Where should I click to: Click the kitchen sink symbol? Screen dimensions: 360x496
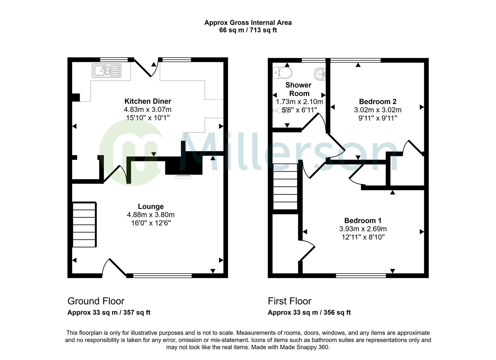107,70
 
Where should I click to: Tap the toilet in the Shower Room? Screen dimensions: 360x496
282,72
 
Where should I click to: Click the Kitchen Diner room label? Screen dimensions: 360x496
147,101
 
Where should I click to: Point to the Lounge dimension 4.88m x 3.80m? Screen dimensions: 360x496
150,215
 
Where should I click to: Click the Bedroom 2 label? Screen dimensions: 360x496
378,102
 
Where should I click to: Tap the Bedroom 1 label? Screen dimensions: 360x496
363,221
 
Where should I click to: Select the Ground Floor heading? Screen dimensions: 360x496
96,301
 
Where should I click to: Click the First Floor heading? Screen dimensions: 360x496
289,301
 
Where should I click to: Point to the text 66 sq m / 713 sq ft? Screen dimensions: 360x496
248,30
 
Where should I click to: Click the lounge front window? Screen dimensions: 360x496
162,275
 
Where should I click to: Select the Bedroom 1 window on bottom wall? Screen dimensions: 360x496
361,275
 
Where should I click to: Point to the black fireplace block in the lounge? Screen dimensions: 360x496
184,166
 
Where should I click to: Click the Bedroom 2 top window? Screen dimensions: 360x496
355,60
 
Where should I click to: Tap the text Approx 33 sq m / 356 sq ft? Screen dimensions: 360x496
309,313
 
